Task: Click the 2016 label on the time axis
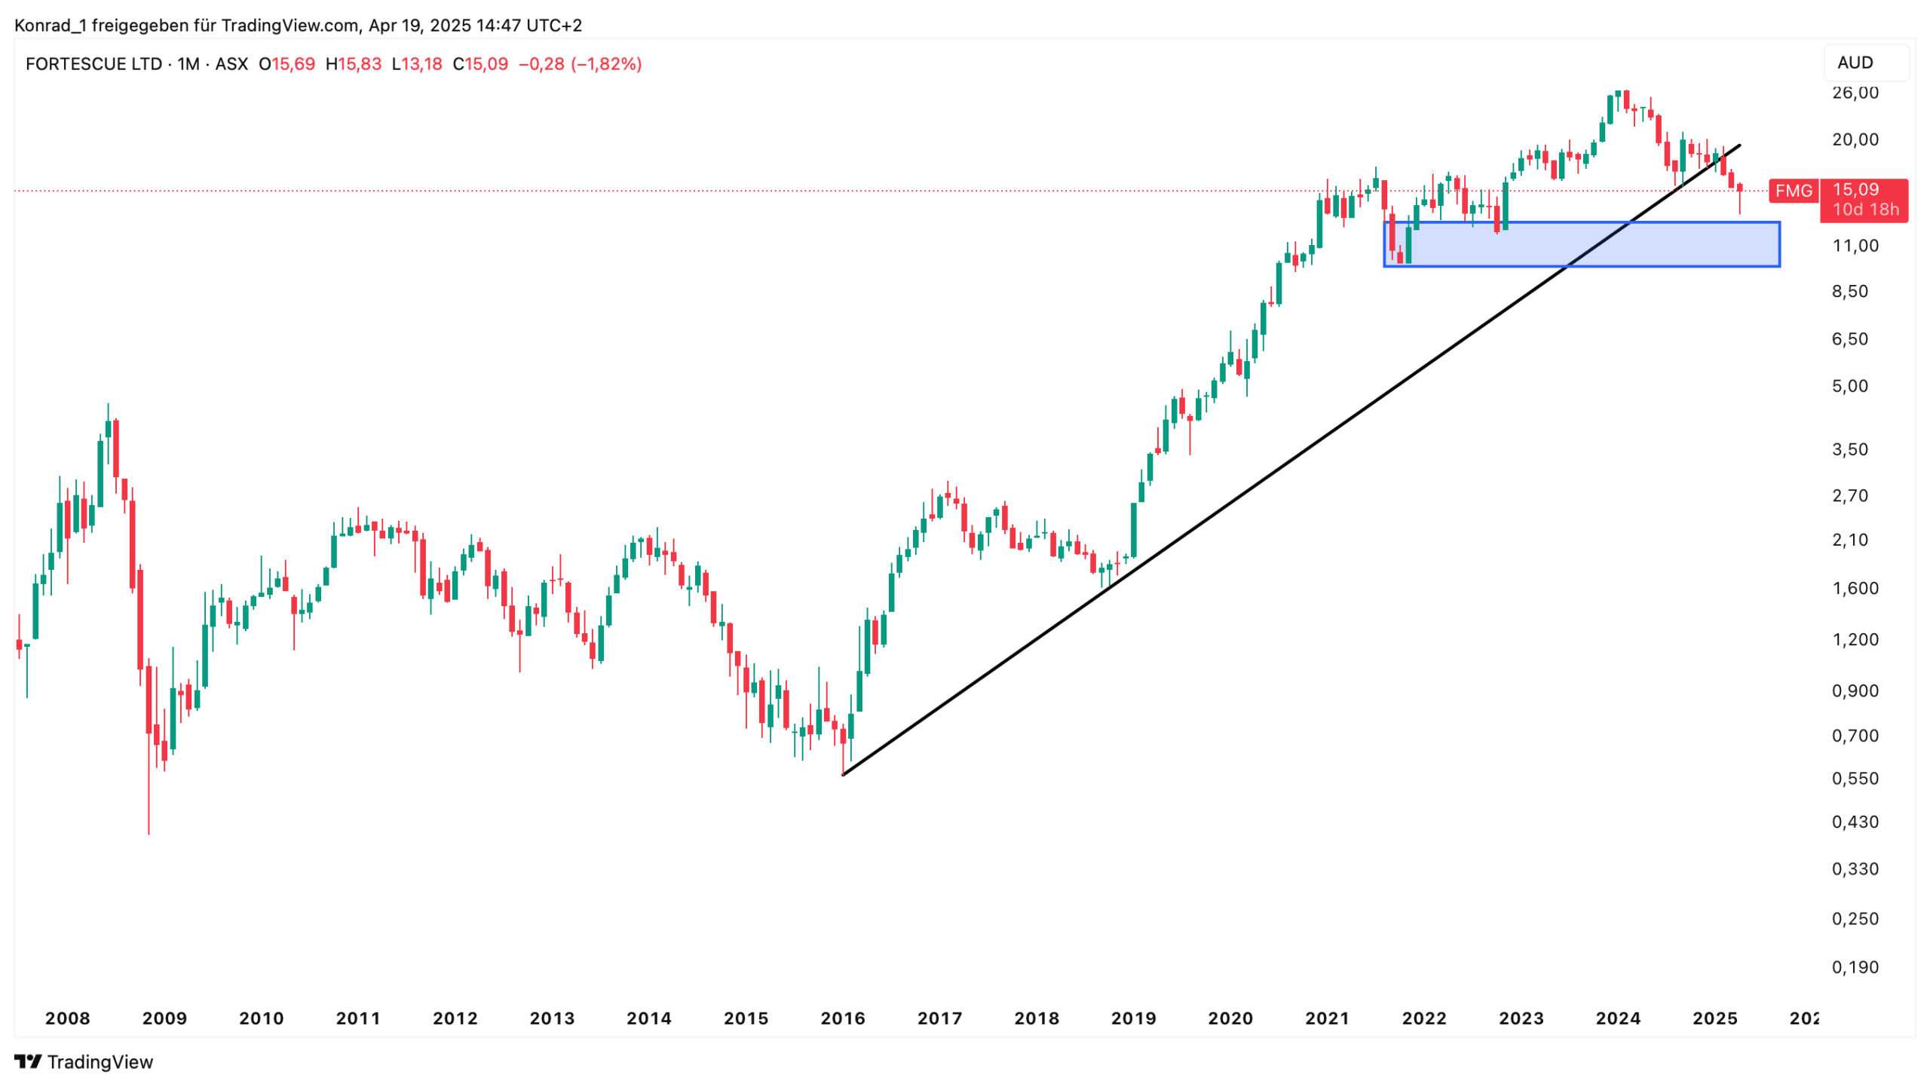[x=842, y=1018]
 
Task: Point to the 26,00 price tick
[x=1855, y=93]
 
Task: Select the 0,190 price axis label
[x=1855, y=967]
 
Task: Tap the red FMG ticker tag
[x=1793, y=191]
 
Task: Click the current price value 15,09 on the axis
[x=1855, y=189]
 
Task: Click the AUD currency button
[x=1855, y=63]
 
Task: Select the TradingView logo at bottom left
[x=84, y=1061]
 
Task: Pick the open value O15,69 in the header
[x=286, y=64]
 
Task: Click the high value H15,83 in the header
[x=353, y=64]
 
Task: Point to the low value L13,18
[x=417, y=64]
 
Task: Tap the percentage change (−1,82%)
[x=606, y=64]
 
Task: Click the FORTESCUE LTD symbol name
[x=93, y=64]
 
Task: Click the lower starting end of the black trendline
[x=843, y=774]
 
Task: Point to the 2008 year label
[x=67, y=1018]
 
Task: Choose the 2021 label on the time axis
[x=1327, y=1018]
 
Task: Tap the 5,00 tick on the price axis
[x=1850, y=386]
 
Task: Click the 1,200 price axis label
[x=1855, y=639]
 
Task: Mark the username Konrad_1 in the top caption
[x=51, y=26]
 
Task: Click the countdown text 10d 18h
[x=1865, y=210]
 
